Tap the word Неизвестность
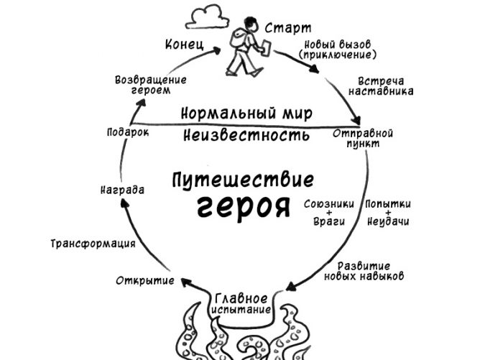(x=246, y=134)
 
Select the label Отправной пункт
(x=363, y=138)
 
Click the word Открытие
(x=146, y=280)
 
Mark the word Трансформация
(x=93, y=244)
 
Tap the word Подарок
(x=127, y=133)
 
